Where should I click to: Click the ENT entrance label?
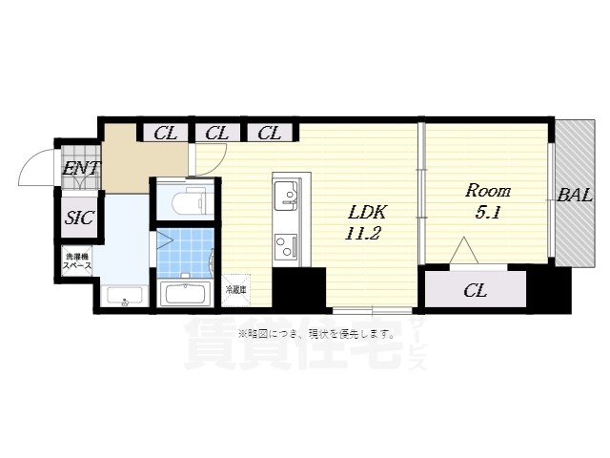point(80,172)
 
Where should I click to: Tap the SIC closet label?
point(79,218)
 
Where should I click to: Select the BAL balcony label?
point(575,197)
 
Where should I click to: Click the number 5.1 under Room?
point(487,213)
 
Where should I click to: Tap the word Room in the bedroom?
point(487,189)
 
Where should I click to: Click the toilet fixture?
point(190,199)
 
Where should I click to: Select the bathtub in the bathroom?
point(187,292)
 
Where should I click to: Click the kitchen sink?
point(286,198)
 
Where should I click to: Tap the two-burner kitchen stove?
point(286,246)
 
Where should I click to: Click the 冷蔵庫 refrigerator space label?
point(235,288)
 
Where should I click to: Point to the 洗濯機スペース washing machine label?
point(78,261)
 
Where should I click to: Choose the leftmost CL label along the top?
point(165,134)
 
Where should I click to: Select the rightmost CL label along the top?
point(269,134)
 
